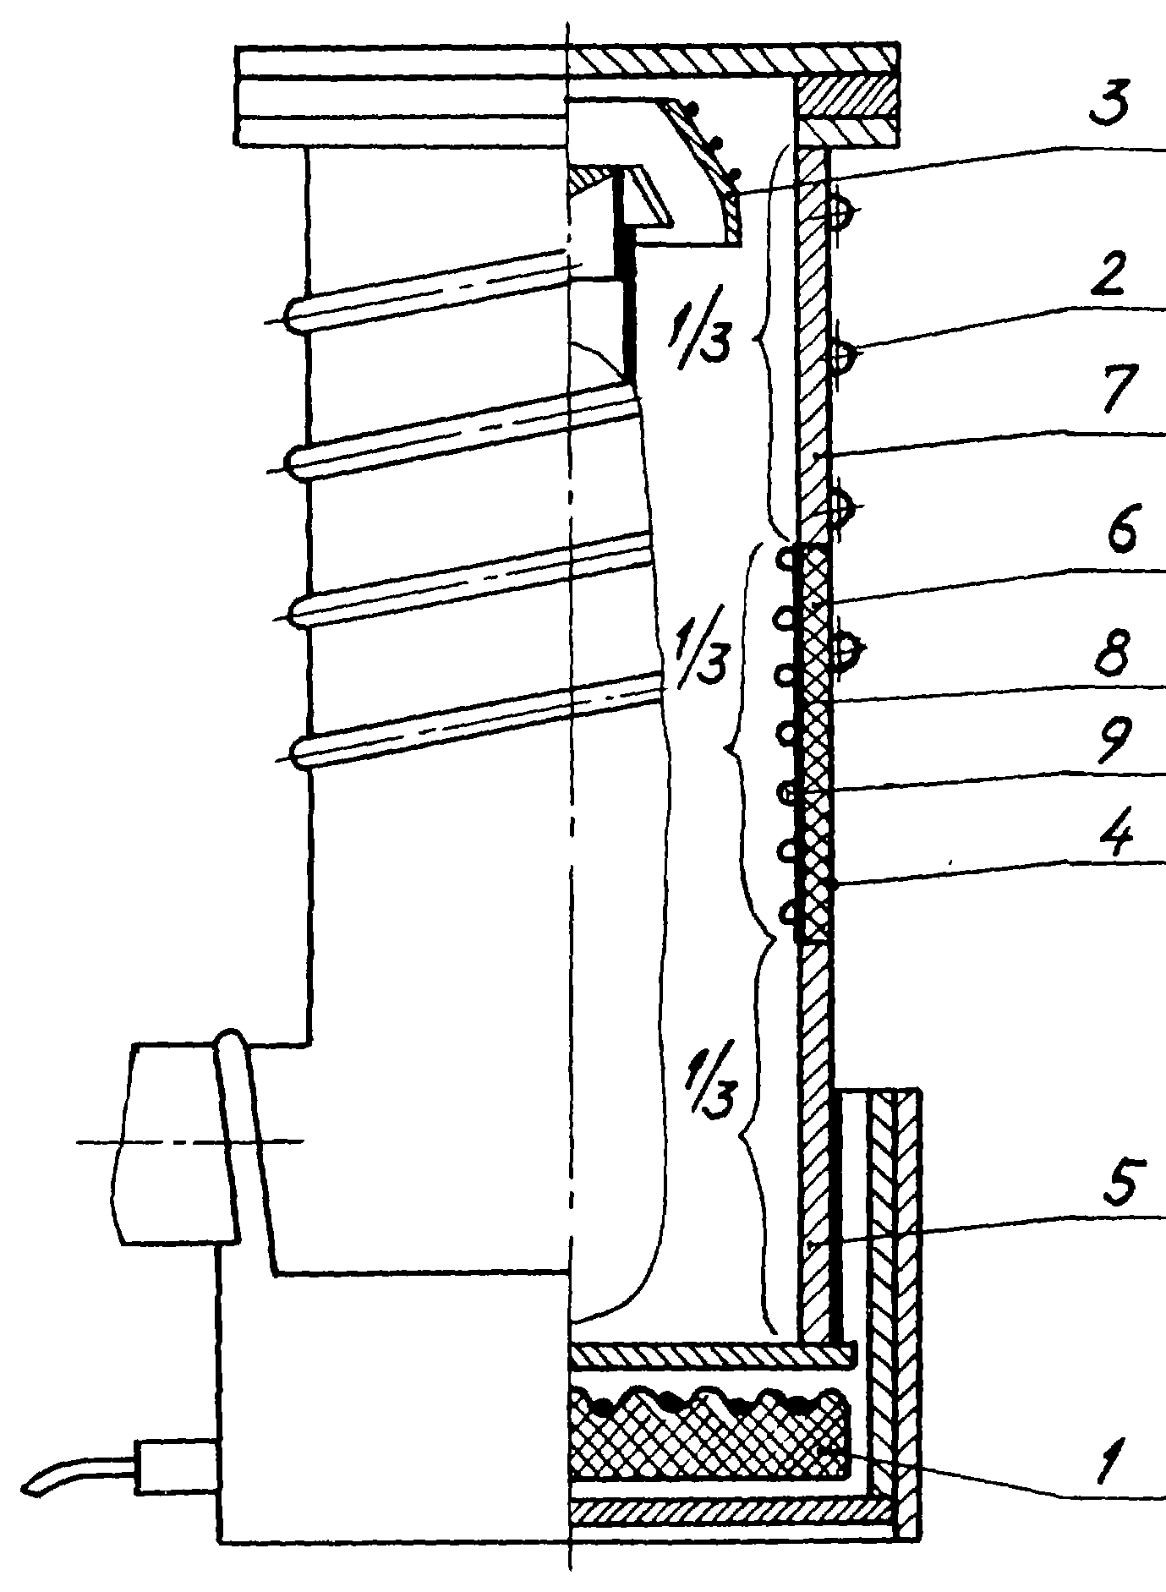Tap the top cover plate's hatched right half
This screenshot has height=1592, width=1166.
pos(733,59)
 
